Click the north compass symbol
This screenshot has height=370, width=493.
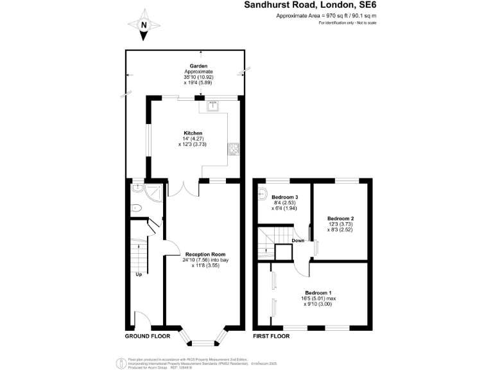[x=144, y=24]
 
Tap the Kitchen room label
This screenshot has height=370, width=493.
[x=193, y=133]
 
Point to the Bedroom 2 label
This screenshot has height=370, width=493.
[x=340, y=218]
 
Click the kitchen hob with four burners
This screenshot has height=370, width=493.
[x=232, y=149]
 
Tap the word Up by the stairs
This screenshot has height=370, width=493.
[x=138, y=274]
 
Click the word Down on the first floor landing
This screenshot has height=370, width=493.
[x=298, y=241]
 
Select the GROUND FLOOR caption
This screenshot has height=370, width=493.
[x=147, y=336]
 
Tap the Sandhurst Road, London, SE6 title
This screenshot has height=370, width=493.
[x=310, y=5]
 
